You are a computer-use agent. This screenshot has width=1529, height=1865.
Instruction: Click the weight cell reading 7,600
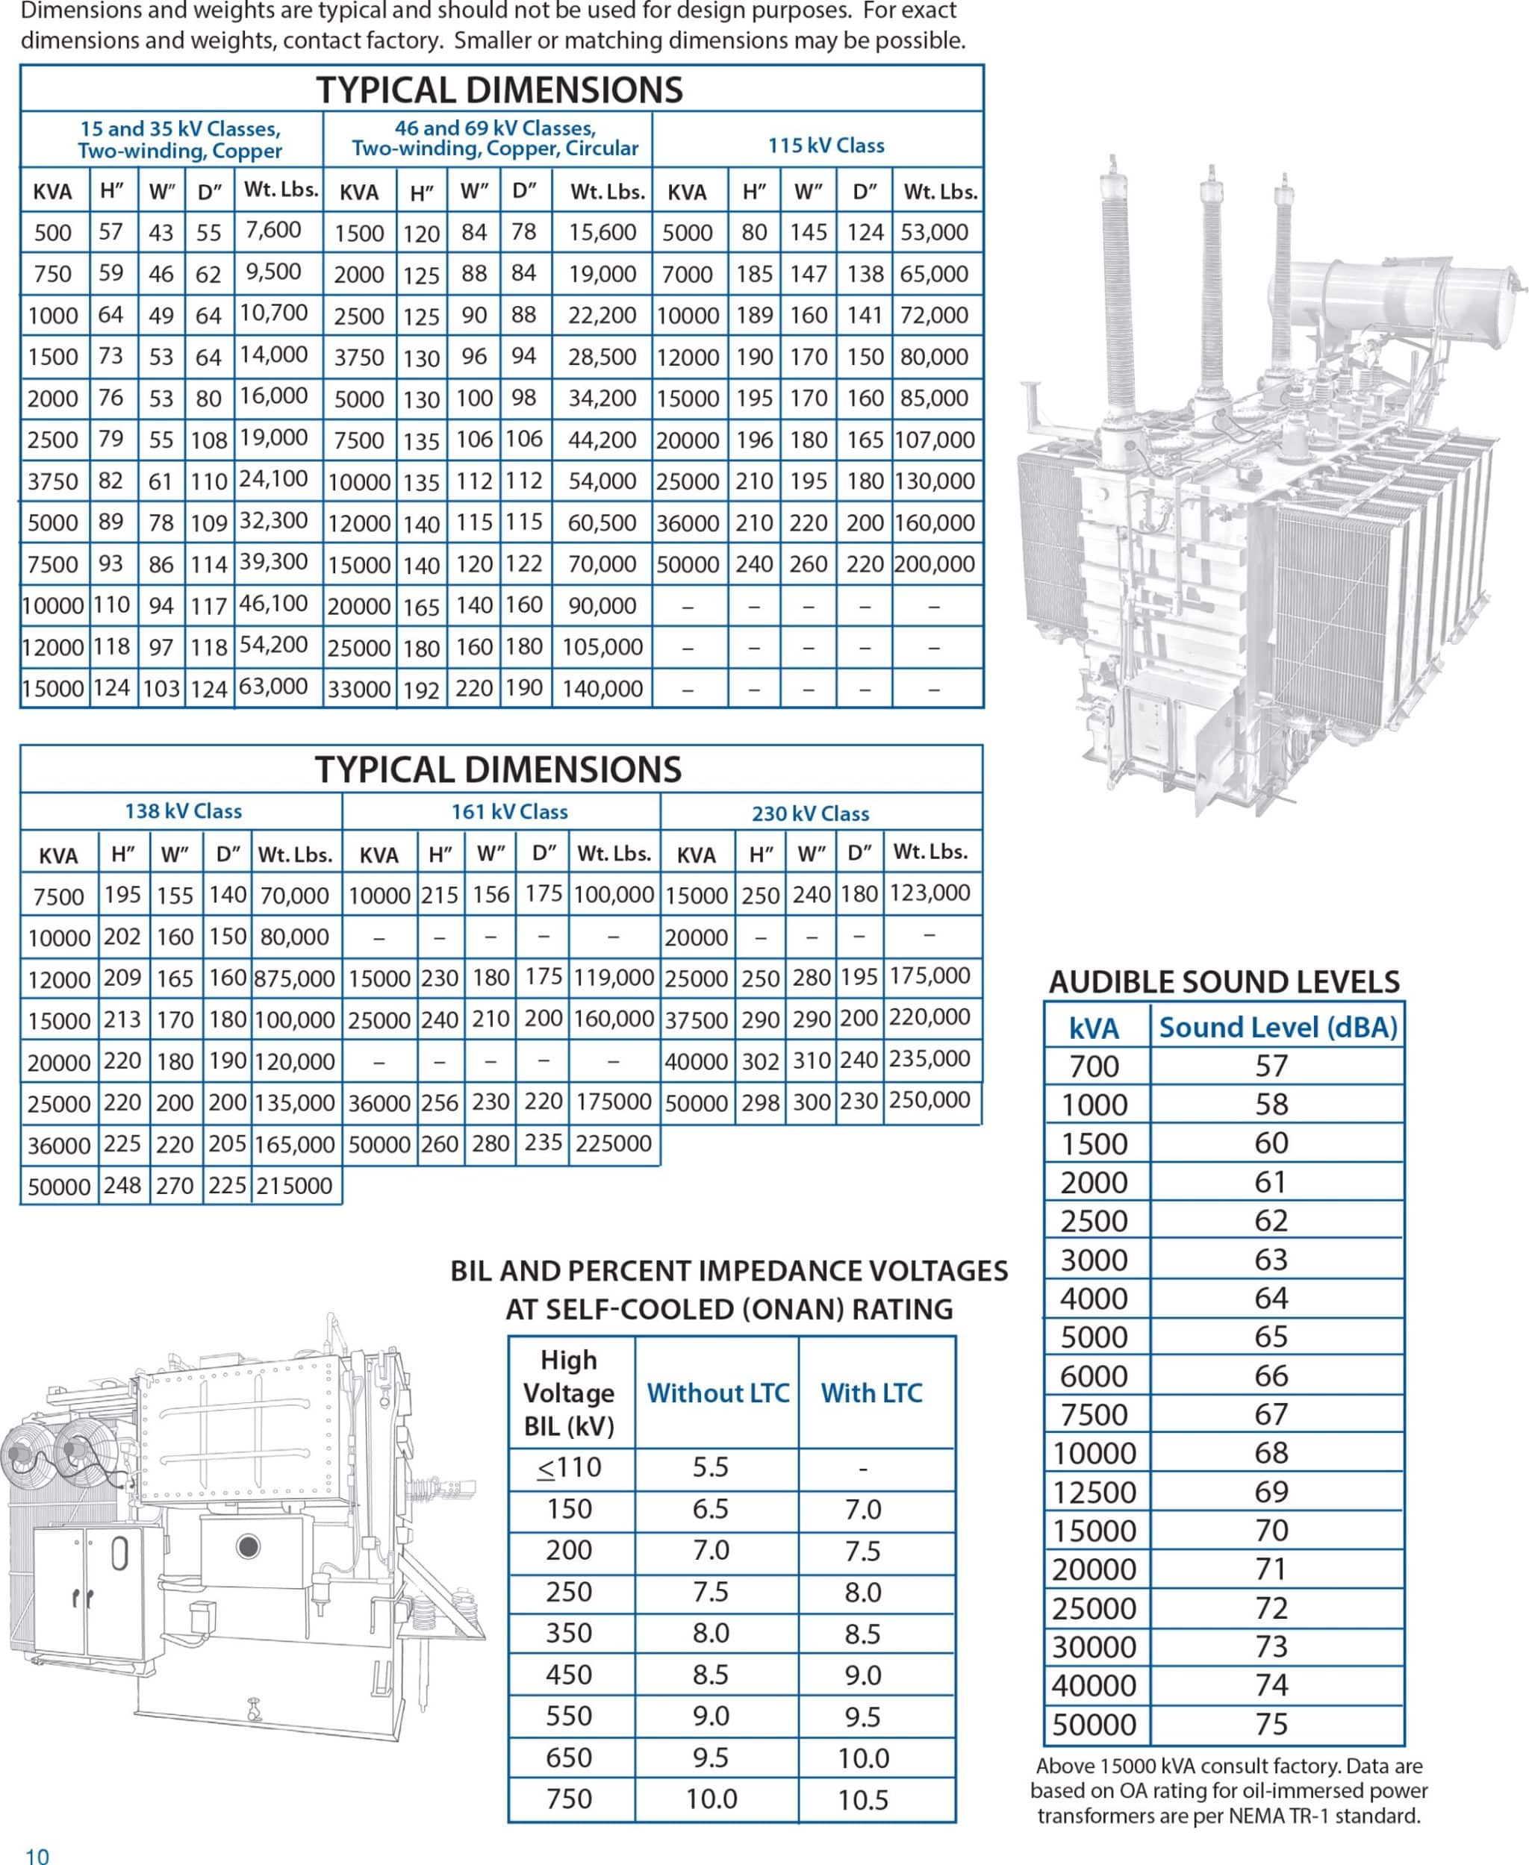274,230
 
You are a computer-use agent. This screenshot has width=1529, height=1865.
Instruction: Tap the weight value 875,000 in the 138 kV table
294,978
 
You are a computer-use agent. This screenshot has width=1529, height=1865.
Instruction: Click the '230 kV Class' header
809,813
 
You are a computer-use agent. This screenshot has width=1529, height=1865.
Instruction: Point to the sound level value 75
1271,1723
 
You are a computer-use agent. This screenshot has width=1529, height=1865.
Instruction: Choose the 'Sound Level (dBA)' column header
1277,1027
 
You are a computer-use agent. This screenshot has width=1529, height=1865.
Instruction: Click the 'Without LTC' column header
717,1392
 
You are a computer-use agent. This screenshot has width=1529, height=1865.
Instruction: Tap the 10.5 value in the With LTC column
862,1799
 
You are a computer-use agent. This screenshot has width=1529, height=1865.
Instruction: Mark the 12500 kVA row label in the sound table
1094,1492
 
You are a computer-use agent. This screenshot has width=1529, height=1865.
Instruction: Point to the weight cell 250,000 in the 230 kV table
929,1100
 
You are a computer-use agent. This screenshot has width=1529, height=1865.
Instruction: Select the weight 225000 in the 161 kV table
614,1143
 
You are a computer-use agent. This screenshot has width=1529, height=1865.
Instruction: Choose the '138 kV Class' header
183,811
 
